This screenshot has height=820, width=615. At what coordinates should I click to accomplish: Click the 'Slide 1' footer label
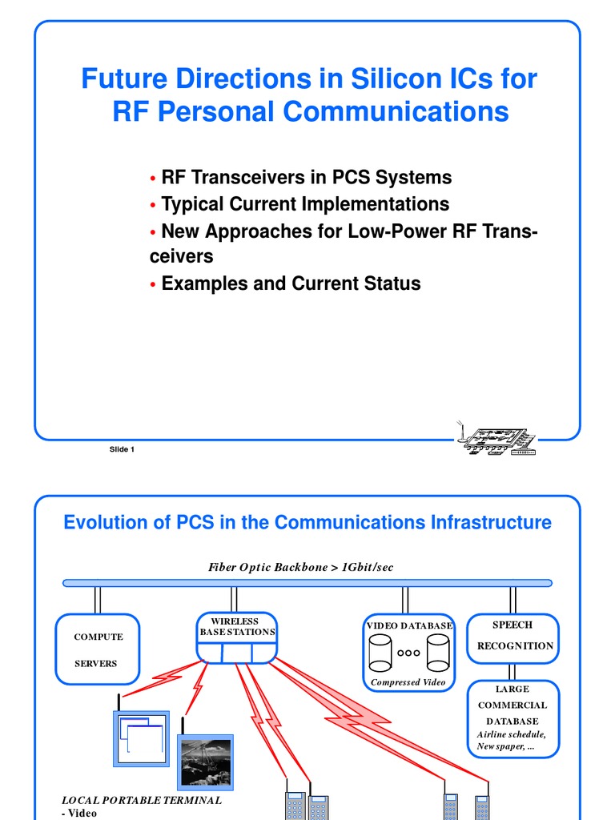[122, 449]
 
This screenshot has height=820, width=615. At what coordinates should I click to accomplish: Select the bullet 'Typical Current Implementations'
[305, 204]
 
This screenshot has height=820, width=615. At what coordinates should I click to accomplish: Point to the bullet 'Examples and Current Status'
[291, 283]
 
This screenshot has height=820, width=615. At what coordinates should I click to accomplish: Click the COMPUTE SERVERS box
[98, 650]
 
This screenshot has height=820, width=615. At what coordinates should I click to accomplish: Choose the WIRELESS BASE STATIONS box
[237, 637]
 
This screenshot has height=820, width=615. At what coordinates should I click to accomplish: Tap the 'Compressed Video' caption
[408, 682]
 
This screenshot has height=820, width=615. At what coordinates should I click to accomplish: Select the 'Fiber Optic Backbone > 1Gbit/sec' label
[301, 567]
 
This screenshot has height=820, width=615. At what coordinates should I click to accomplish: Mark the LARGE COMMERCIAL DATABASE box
[512, 718]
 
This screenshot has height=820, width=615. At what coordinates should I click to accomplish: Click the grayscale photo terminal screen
[206, 762]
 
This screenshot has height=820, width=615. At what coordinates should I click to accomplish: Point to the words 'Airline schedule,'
[511, 734]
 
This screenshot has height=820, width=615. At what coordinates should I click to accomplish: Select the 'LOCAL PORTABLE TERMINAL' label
[141, 800]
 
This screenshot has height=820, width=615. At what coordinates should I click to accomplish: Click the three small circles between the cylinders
[408, 653]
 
